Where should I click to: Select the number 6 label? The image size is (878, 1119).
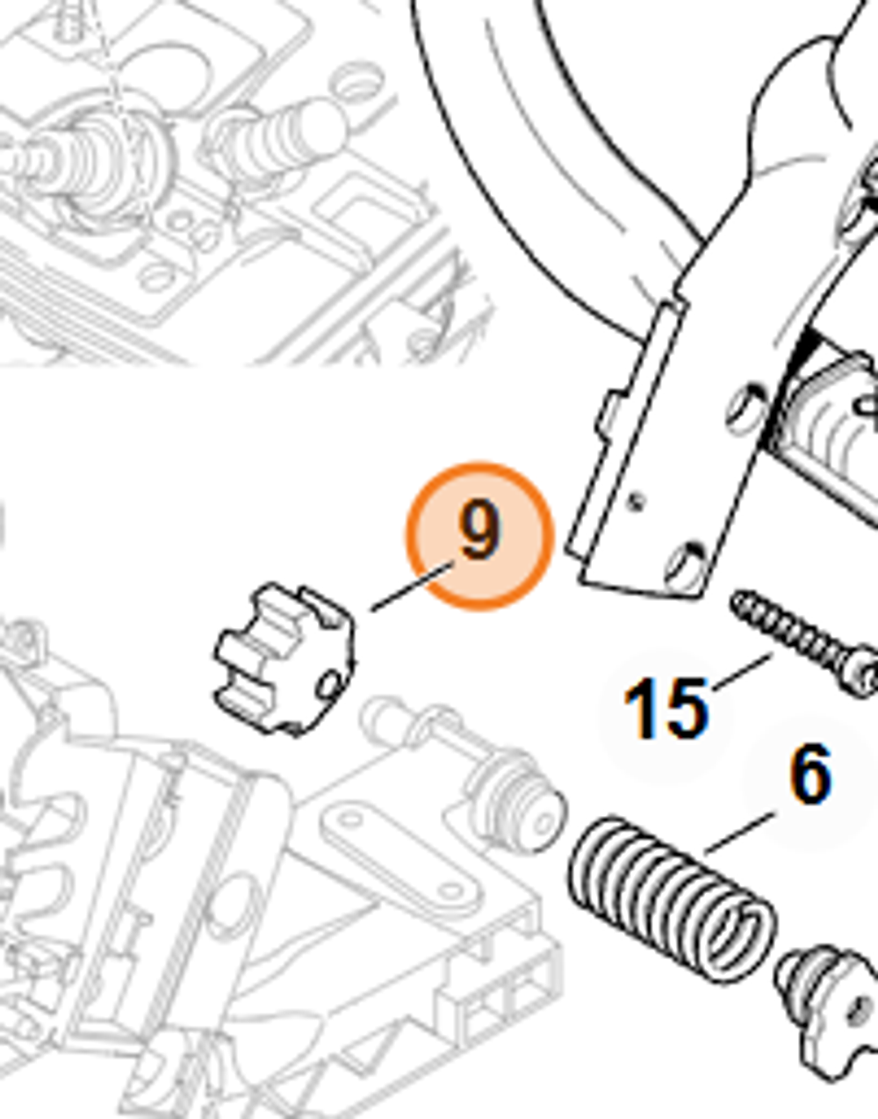tap(809, 774)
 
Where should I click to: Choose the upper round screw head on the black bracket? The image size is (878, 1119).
tap(745, 406)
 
